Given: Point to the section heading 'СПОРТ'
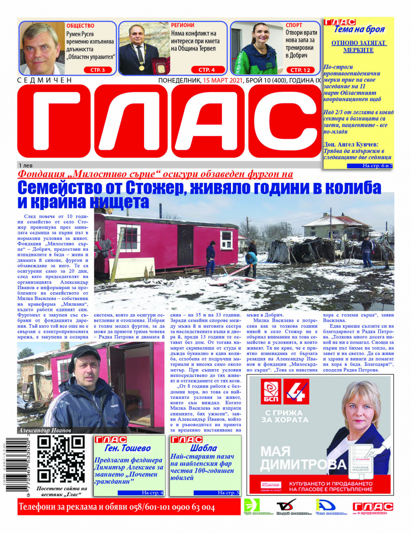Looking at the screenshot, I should coord(294,26).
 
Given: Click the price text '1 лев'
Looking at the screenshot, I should coord(26,166).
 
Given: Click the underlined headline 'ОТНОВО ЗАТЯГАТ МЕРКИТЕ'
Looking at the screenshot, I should coord(359,47).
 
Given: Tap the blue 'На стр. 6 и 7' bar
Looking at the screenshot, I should coord(372,166).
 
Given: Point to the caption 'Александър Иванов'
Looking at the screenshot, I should coord(45,430).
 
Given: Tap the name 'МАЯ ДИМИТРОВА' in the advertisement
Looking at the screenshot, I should coord(303,459).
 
